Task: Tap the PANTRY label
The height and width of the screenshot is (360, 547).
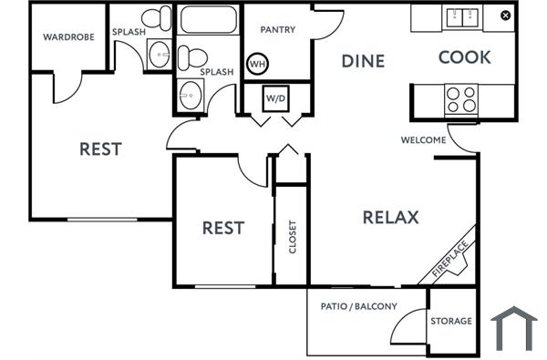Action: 277,30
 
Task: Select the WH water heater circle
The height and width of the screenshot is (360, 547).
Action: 257,65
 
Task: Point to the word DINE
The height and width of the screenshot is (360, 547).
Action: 363,61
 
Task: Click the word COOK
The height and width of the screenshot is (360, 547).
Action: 464,57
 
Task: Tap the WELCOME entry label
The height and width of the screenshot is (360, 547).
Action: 423,140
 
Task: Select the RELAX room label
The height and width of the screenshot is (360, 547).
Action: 390,217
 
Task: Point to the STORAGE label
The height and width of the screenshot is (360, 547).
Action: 451,321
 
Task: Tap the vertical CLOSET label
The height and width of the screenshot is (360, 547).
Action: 293,238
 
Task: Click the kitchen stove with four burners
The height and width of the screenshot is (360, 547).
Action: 460,98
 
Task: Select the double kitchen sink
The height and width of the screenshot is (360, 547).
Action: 461,16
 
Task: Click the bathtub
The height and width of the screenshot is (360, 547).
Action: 207,20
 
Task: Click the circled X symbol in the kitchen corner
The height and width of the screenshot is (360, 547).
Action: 506,15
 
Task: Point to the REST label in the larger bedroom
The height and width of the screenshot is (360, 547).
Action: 100,149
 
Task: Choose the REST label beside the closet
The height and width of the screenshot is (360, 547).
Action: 222,227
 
